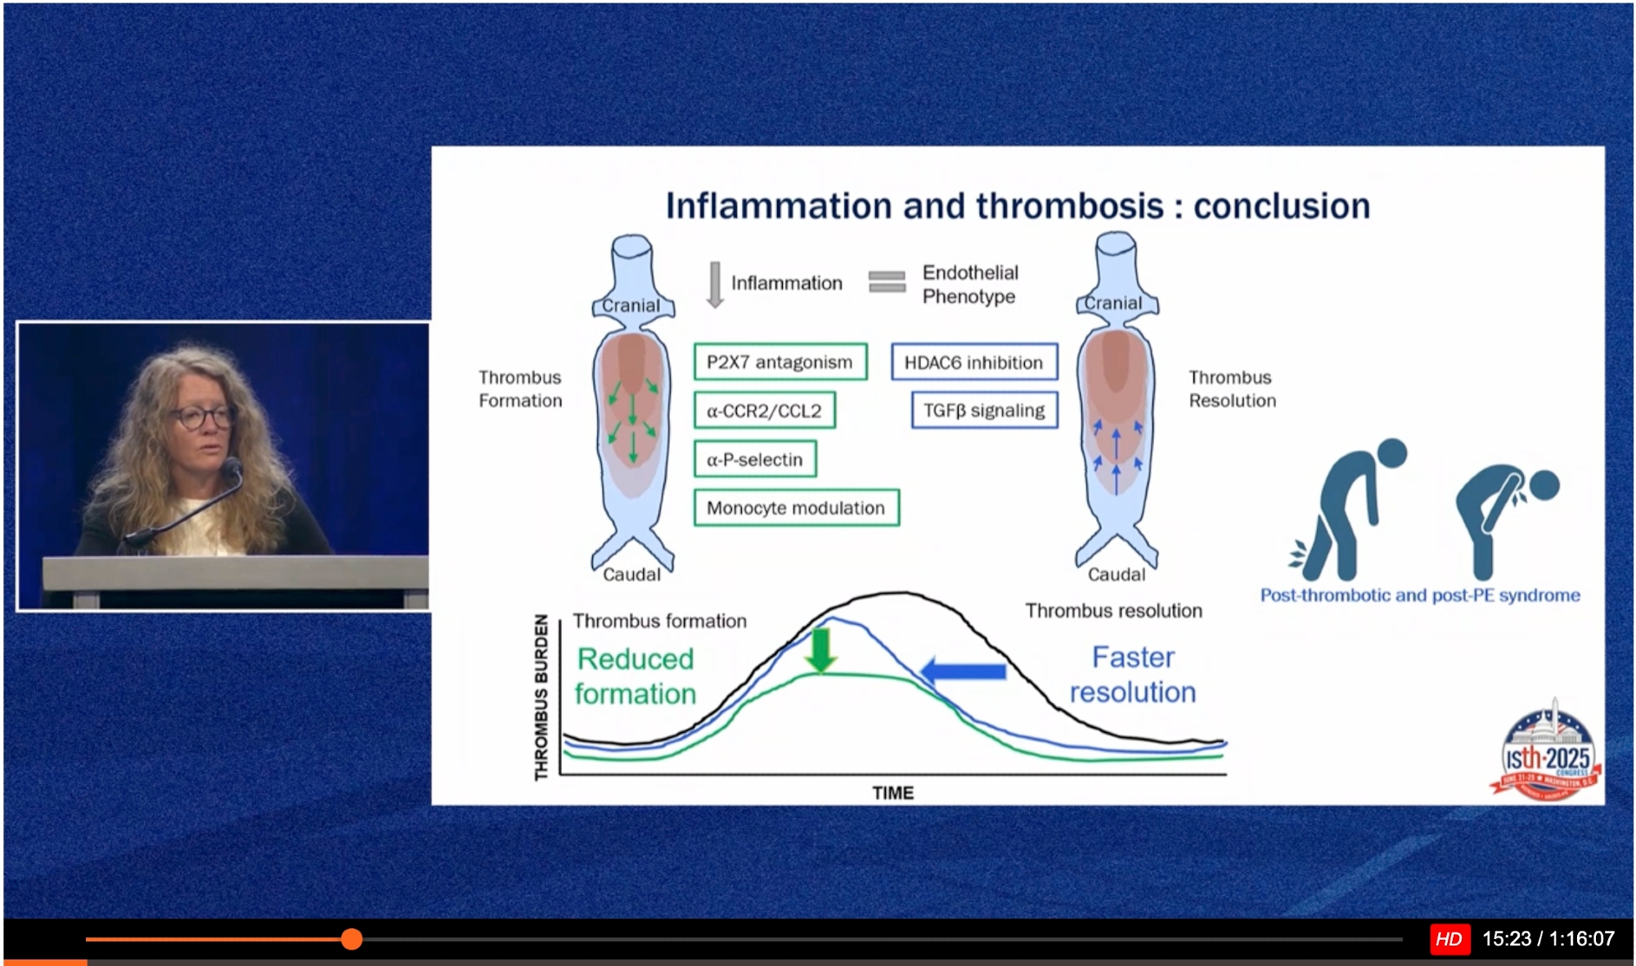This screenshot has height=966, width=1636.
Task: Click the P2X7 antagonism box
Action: pos(780,362)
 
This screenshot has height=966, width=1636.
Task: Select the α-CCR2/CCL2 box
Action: pos(764,411)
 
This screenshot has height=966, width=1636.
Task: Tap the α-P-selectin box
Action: pos(754,460)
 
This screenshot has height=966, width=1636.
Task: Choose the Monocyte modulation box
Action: pos(796,508)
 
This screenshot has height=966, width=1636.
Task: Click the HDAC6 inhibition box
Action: pos(973,362)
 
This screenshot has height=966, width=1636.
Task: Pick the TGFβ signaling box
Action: pos(984,411)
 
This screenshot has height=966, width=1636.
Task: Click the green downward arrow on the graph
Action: pos(820,650)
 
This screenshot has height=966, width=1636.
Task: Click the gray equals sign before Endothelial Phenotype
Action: pos(887,281)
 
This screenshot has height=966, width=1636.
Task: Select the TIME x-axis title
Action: pos(892,793)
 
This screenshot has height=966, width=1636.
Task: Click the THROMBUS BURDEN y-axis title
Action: pos(541,698)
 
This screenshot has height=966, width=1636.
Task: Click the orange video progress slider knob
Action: pos(352,939)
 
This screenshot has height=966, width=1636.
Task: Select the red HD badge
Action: pos(1449,939)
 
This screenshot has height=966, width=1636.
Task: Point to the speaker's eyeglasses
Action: pos(202,418)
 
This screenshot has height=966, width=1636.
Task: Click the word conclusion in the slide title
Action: pos(1281,206)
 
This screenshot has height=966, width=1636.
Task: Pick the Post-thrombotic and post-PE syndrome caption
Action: pos(1419,595)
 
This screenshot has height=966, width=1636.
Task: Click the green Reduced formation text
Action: pos(636,676)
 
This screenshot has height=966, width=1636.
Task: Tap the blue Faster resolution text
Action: pos(1133,675)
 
